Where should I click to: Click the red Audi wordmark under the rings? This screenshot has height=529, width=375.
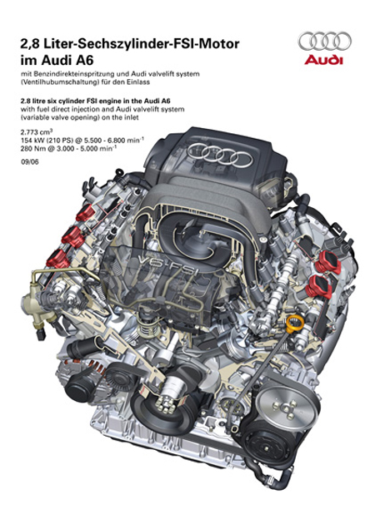pyautogui.click(x=323, y=61)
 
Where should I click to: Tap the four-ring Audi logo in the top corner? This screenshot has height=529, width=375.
pyautogui.click(x=324, y=41)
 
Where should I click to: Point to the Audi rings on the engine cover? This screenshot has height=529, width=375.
pyautogui.click(x=220, y=154)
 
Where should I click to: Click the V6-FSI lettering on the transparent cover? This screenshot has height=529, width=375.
pyautogui.click(x=167, y=264)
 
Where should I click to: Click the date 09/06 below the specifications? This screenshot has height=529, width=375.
pyautogui.click(x=29, y=161)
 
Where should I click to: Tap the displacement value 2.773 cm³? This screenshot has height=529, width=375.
pyautogui.click(x=37, y=132)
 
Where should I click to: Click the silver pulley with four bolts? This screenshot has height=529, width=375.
pyautogui.click(x=287, y=407)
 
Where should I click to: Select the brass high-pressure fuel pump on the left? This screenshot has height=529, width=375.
pyautogui.click(x=37, y=309)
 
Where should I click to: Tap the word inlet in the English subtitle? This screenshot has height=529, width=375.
pyautogui.click(x=132, y=118)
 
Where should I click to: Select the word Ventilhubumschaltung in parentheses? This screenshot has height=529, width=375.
pyautogui.click(x=59, y=82)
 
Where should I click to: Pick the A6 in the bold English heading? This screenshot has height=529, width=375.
pyautogui.click(x=165, y=101)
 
